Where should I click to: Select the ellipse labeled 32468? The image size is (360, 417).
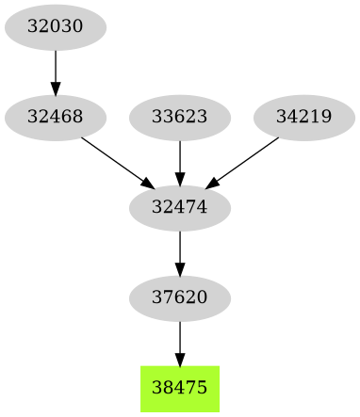point(55,118)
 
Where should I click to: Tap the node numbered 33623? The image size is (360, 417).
point(179,118)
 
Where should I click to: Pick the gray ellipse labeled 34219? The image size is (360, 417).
point(303,118)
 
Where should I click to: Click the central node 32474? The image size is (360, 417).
point(179,205)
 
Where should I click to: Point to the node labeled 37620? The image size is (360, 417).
point(179,297)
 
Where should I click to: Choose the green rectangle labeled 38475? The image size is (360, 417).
point(179,388)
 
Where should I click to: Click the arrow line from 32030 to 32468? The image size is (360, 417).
point(55,68)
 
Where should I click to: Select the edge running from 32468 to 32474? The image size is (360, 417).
point(114,159)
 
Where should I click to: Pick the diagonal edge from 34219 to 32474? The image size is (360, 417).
point(245,159)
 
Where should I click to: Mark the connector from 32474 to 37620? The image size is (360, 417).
point(179,248)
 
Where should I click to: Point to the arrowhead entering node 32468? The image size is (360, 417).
point(55,89)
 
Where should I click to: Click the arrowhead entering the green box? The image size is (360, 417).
point(179,359)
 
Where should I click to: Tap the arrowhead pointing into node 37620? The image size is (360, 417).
point(179,269)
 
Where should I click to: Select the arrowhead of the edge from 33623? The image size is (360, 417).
point(179,177)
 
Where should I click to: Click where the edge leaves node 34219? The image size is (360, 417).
point(279,138)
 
